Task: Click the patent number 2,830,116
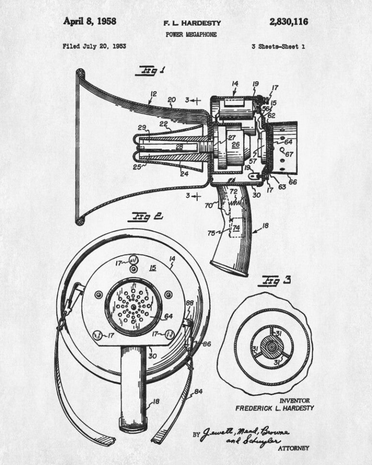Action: click(x=289, y=22)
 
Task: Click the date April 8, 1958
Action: click(x=90, y=21)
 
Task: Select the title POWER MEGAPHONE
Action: click(x=191, y=34)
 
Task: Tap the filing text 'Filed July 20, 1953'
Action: click(x=94, y=46)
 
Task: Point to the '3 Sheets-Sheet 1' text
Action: click(x=278, y=46)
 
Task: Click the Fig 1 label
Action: click(x=151, y=71)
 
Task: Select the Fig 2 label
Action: click(x=145, y=217)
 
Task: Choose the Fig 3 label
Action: click(x=275, y=281)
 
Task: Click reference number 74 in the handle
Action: click(x=236, y=228)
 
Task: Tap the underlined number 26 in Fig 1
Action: click(x=235, y=145)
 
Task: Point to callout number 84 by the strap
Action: click(x=198, y=392)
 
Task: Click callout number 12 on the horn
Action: click(x=153, y=94)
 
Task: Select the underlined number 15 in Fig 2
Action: click(x=153, y=268)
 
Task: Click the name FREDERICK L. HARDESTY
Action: click(x=275, y=408)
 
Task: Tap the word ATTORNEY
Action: click(x=294, y=448)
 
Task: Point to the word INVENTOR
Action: click(x=294, y=401)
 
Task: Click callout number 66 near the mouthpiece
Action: click(x=293, y=182)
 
